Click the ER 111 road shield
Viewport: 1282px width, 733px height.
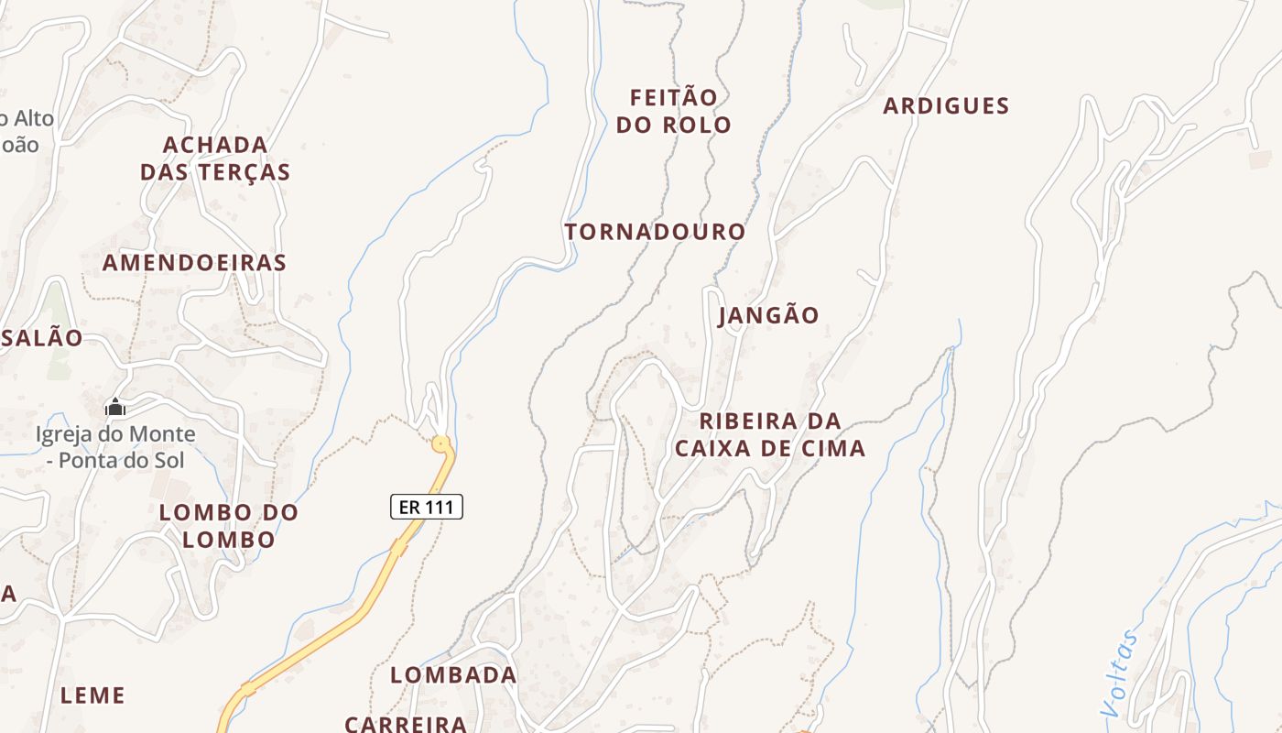pyautogui.click(x=427, y=506)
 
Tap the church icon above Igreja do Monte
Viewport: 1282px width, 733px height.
pyautogui.click(x=115, y=406)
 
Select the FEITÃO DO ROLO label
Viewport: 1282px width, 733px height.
pyautogui.click(x=673, y=111)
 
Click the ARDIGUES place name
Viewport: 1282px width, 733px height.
pyautogui.click(x=946, y=106)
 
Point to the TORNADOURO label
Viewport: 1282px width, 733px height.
pyautogui.click(x=655, y=232)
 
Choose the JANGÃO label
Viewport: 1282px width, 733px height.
pyautogui.click(x=769, y=315)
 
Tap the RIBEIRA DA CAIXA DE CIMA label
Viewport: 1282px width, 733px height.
pyautogui.click(x=769, y=434)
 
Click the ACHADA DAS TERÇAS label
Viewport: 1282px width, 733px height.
pyautogui.click(x=215, y=159)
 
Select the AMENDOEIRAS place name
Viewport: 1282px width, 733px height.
pyautogui.click(x=194, y=263)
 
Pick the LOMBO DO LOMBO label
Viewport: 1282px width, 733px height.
pyautogui.click(x=229, y=526)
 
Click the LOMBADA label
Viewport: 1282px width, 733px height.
pyautogui.click(x=453, y=675)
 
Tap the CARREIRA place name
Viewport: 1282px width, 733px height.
pyautogui.click(x=406, y=723)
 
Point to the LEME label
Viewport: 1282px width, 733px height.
pyautogui.click(x=92, y=695)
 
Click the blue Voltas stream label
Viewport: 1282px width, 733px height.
pyautogui.click(x=1120, y=673)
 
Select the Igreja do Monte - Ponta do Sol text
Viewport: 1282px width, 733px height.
pyautogui.click(x=115, y=446)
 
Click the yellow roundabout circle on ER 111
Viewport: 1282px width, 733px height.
pyautogui.click(x=441, y=444)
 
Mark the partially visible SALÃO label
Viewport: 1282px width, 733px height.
pyautogui.click(x=41, y=337)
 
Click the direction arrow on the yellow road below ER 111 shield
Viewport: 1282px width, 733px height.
pyautogui.click(x=400, y=547)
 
